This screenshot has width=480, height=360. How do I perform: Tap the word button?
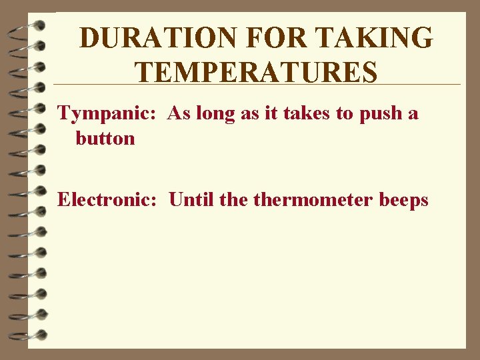105,139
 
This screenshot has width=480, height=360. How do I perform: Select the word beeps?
403,199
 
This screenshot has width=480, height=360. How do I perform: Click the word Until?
191,199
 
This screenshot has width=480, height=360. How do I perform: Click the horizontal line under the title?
257,85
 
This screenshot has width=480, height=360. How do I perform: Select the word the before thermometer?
233,199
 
